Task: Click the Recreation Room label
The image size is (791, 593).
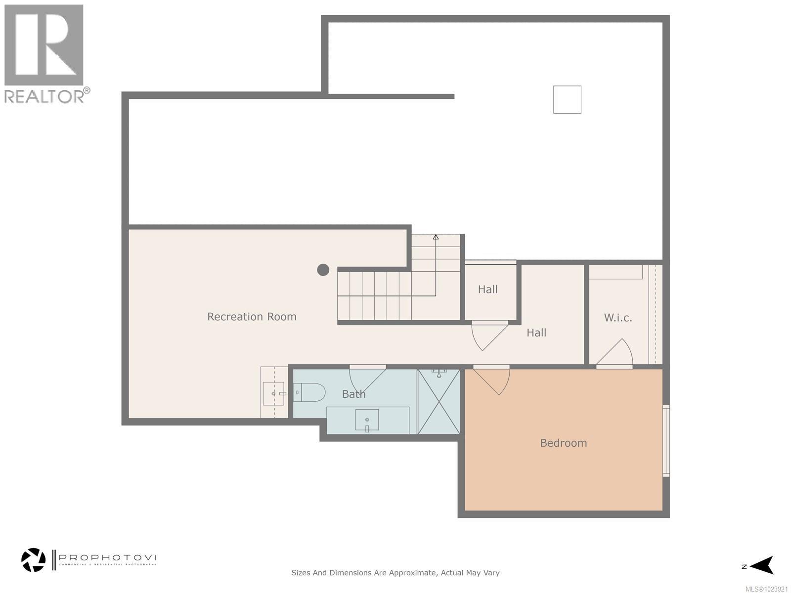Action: tap(252, 317)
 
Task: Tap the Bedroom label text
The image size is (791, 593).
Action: tap(563, 443)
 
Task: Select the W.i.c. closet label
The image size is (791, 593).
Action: tap(618, 318)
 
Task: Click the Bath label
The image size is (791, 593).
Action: tap(354, 394)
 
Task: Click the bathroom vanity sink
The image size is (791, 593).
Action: tap(367, 420)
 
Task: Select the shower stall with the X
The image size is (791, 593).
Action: tap(439, 402)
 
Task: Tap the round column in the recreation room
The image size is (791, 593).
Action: tap(323, 270)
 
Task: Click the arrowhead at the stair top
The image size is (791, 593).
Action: tap(436, 237)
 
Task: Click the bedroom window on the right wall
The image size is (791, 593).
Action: tap(666, 441)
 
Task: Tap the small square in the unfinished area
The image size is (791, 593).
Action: tap(567, 99)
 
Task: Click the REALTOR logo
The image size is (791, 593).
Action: tap(44, 52)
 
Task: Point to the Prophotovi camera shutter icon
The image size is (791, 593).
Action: tap(34, 560)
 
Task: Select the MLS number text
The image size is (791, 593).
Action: tap(766, 589)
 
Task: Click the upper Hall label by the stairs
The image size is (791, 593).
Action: tap(487, 290)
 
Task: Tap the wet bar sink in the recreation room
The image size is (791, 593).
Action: tap(273, 393)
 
